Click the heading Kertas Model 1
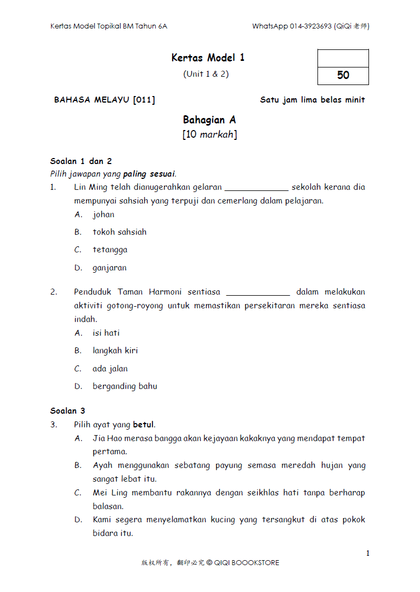pyautogui.click(x=208, y=58)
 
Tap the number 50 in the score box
pyautogui.click(x=343, y=76)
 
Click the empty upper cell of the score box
pyautogui.click(x=343, y=58)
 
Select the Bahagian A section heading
pyautogui.click(x=209, y=120)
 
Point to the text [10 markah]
pyautogui.click(x=209, y=134)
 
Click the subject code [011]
pyautogui.click(x=144, y=100)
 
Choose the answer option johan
pyautogui.click(x=104, y=215)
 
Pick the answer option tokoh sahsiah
pyautogui.click(x=120, y=232)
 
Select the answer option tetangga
pyautogui.click(x=110, y=250)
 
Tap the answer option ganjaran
pyautogui.click(x=110, y=268)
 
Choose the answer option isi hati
pyautogui.click(x=106, y=333)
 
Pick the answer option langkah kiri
pyautogui.click(x=115, y=351)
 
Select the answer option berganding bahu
pyautogui.click(x=124, y=386)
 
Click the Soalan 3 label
pyautogui.click(x=67, y=411)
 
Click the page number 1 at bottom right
pyautogui.click(x=368, y=553)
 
